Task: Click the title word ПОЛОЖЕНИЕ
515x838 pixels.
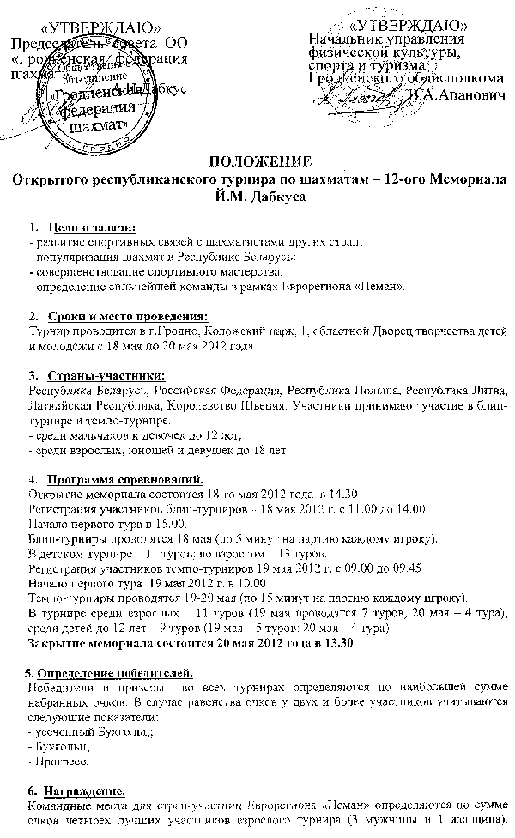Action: pyautogui.click(x=257, y=162)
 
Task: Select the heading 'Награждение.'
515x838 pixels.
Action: pyautogui.click(x=86, y=790)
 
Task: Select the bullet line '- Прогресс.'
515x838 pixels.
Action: pyautogui.click(x=57, y=761)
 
